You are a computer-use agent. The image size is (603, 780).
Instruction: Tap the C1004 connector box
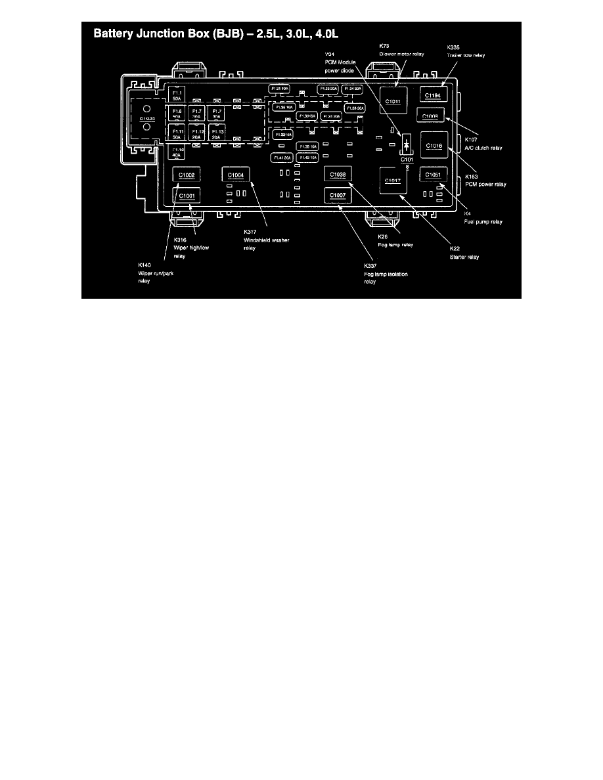pos(236,175)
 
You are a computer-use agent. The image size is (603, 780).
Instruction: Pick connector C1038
pos(338,175)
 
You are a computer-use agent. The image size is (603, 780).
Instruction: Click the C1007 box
pos(338,195)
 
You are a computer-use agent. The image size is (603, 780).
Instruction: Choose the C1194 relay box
pos(434,96)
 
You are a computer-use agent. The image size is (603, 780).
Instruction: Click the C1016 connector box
pos(434,144)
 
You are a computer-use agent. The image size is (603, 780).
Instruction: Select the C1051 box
pos(434,175)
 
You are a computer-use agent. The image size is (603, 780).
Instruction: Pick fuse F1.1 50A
pos(177,95)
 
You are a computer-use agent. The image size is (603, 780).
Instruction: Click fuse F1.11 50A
pos(177,133)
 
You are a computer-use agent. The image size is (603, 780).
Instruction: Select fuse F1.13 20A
pos(216,133)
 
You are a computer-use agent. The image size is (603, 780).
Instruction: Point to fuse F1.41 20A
pos(281,158)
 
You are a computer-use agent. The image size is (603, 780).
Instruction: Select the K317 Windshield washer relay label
pos(266,240)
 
